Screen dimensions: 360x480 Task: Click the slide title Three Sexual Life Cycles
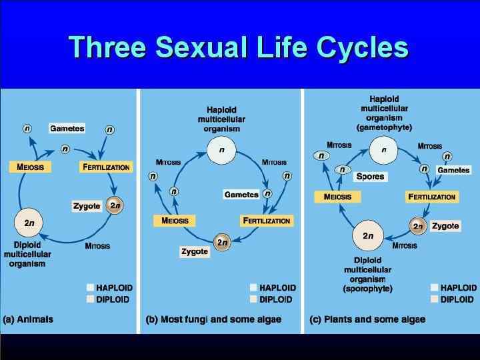pos(238,47)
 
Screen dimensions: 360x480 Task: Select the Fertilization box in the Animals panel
pos(105,167)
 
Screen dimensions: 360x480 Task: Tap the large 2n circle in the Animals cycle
pos(29,223)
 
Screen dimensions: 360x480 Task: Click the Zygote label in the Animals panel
pos(87,206)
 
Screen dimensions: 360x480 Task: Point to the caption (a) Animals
pos(28,319)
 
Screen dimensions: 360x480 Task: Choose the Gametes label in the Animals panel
pos(67,128)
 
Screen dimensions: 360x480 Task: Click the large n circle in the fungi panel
pos(221,150)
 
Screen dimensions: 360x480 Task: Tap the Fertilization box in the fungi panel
pos(267,221)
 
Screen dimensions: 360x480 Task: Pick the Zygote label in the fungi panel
pos(195,251)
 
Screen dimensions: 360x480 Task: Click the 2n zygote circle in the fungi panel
pos(222,243)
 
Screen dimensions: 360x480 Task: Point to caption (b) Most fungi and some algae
pos(213,319)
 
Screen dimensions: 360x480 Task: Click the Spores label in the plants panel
pos(370,177)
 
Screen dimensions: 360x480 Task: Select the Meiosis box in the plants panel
pos(337,197)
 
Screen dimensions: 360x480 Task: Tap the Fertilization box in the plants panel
pos(432,197)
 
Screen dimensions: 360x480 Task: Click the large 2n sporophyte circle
pos(368,236)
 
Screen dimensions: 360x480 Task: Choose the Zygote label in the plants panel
pos(445,226)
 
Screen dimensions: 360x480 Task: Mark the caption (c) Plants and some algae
pos(367,319)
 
